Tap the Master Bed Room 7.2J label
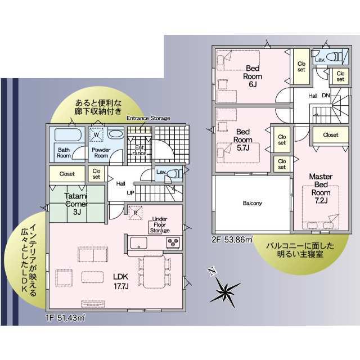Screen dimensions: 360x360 tap(321, 188)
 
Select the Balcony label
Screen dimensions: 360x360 tap(253, 203)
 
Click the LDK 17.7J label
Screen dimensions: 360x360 tap(121, 281)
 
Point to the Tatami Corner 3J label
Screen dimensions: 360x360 tap(76, 204)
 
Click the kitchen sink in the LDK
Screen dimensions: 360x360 tap(139, 243)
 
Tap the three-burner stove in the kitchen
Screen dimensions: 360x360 tap(173, 242)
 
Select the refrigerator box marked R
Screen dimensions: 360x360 tap(135, 213)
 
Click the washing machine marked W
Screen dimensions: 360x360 tap(96, 135)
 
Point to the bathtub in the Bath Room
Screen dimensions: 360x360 tap(67, 134)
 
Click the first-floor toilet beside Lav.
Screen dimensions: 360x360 tap(174, 174)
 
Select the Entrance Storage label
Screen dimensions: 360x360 tap(148, 118)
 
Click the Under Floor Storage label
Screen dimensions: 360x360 tap(160, 225)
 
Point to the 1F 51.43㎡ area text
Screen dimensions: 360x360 tap(65, 318)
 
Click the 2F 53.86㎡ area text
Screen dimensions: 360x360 tap(232, 240)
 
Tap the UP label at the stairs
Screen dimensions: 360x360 tap(130, 193)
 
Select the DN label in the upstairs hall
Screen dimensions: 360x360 tap(326, 96)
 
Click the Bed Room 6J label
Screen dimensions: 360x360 tap(253, 76)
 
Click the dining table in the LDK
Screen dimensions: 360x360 tap(154, 271)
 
